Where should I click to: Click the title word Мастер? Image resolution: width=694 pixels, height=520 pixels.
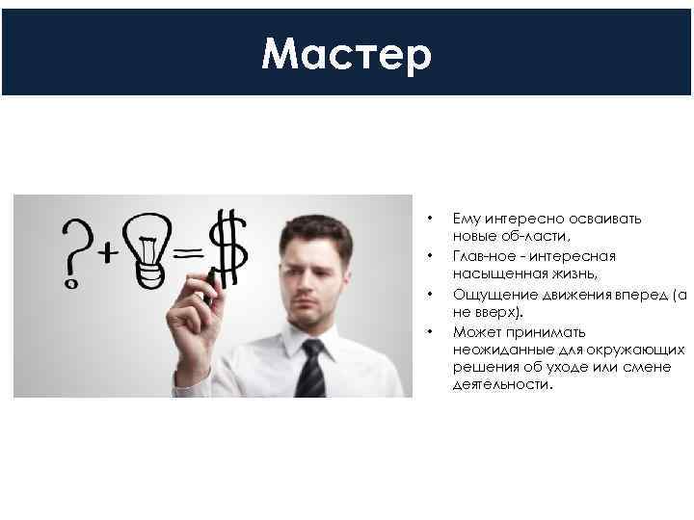tap(346, 55)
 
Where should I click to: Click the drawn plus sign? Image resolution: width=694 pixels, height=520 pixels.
tap(108, 253)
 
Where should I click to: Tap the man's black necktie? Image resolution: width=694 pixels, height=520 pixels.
tap(310, 370)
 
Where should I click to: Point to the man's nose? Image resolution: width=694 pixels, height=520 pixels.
tap(307, 288)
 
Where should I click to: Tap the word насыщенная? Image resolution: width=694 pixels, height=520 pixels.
tap(494, 274)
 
